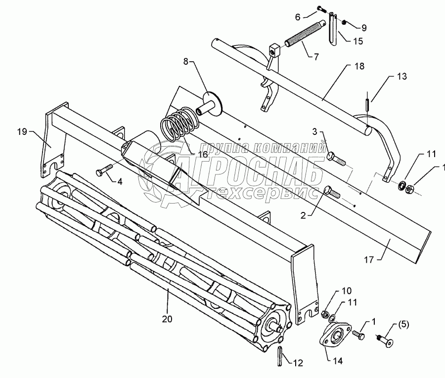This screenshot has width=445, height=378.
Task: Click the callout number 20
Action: click(x=167, y=319)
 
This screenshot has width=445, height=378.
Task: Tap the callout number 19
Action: click(x=22, y=132)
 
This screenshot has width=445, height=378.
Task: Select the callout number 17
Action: click(x=369, y=259)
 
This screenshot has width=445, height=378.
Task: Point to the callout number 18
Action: click(x=359, y=66)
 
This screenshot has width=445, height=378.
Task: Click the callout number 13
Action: click(x=402, y=76)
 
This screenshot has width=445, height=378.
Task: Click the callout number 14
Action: click(x=338, y=361)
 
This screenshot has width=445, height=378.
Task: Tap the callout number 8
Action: click(x=186, y=62)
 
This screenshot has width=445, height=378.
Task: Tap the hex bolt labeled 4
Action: click(x=104, y=170)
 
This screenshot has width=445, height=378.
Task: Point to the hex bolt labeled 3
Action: click(x=337, y=159)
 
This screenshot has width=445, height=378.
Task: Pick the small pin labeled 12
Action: click(x=280, y=356)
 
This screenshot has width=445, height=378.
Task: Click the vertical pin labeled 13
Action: click(x=367, y=101)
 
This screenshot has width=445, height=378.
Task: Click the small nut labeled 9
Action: click(x=344, y=22)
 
